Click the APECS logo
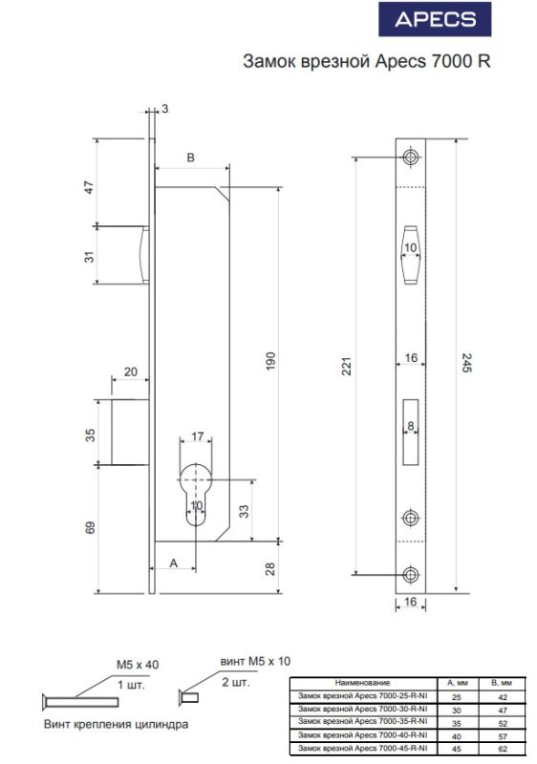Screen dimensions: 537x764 435,19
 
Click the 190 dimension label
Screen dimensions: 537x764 271,361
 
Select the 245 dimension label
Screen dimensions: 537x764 466,363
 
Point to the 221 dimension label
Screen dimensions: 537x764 346,366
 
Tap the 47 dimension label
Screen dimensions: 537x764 89,187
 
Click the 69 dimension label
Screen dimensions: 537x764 90,528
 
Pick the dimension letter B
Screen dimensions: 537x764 191,158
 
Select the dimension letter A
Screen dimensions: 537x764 174,563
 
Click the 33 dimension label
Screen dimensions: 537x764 243,511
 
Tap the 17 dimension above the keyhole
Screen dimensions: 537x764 198,435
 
